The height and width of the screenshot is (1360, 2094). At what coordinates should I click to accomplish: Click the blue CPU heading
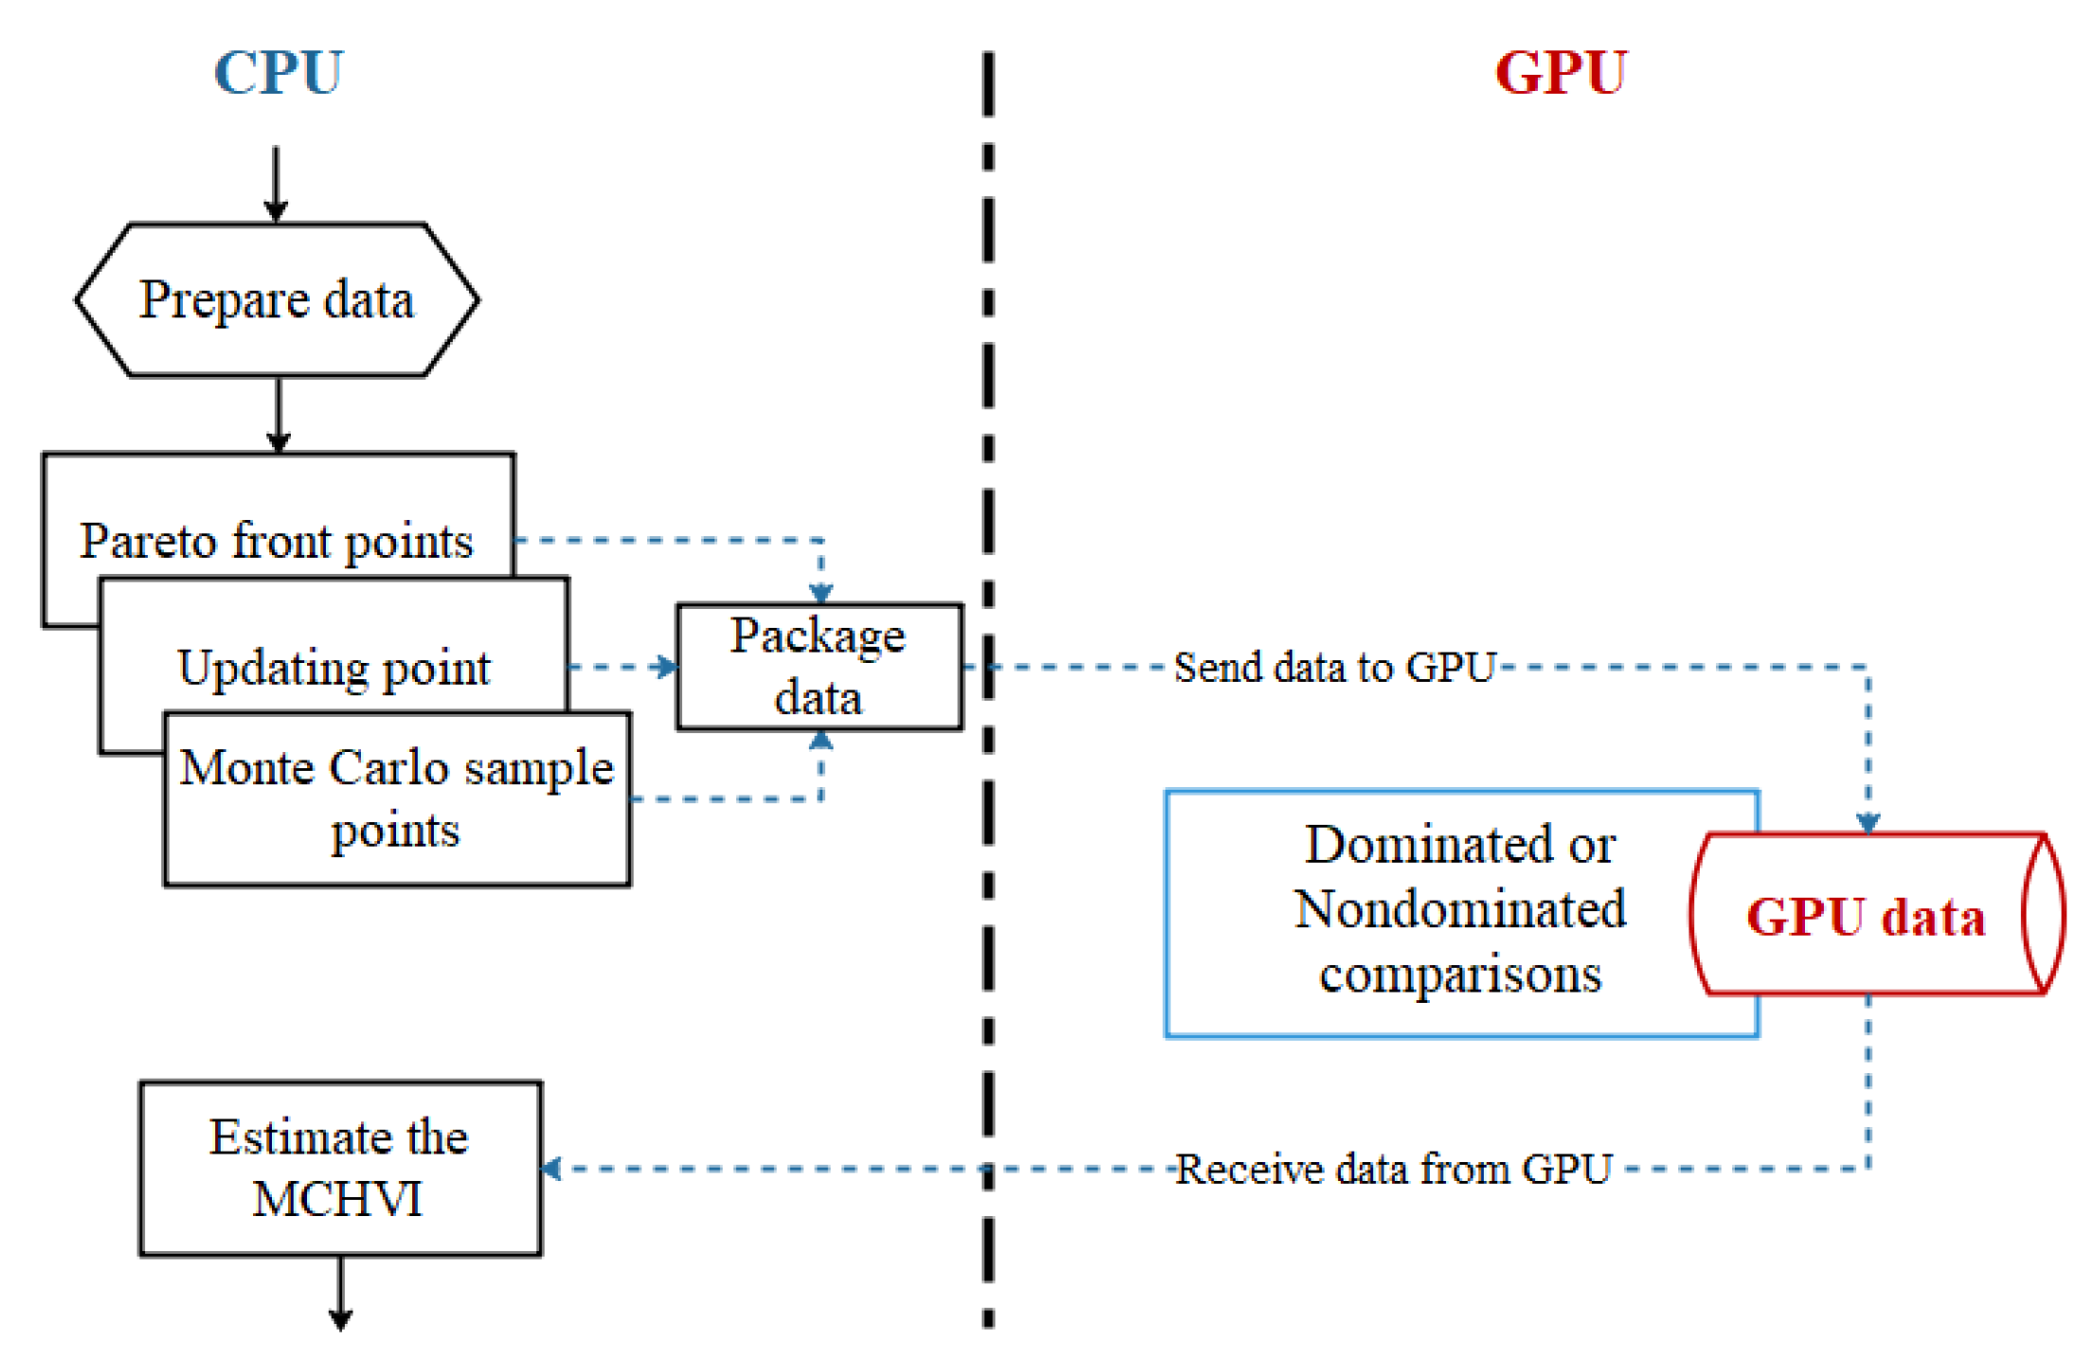278,73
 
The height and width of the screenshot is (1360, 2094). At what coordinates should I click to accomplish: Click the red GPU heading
1561,73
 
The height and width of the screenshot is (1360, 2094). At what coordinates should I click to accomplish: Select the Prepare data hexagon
277,300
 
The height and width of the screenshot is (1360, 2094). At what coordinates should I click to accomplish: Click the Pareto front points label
276,541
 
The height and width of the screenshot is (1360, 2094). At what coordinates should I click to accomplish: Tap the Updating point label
334,668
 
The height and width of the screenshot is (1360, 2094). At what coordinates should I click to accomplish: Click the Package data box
819,667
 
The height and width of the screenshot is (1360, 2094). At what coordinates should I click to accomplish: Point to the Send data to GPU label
1333,668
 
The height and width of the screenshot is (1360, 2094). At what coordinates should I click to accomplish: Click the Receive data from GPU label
1393,1169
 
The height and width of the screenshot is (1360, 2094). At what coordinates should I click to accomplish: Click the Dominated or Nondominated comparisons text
1459,909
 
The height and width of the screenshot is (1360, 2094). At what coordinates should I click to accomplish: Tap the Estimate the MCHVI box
339,1168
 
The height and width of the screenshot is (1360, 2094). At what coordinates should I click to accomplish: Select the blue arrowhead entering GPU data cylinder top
1868,822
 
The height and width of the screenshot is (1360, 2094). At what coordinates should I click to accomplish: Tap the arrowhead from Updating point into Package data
667,667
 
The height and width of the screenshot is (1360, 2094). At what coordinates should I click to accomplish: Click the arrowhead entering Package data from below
821,741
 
